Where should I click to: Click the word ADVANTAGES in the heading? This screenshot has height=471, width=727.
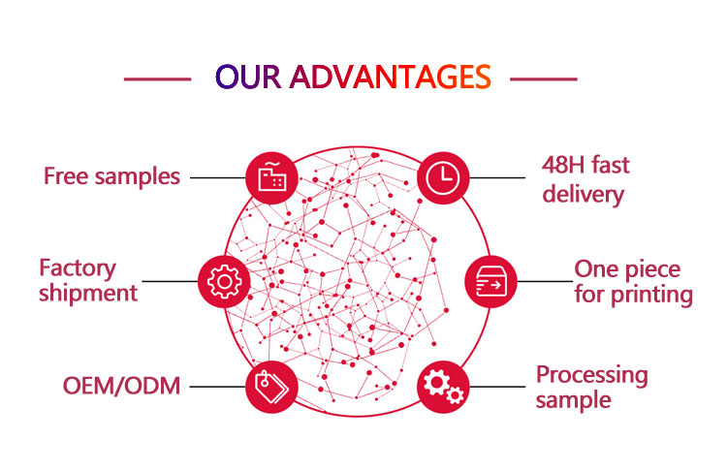[390, 77]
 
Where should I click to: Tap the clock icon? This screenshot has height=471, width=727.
[443, 176]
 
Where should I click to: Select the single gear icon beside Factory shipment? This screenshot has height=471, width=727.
[223, 281]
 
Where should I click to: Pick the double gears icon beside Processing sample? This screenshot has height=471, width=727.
[443, 386]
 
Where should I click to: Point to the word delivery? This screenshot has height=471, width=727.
[583, 194]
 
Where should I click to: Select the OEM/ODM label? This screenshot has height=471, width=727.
[122, 386]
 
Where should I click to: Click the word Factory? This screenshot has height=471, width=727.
[78, 267]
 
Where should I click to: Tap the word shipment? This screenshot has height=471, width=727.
[88, 293]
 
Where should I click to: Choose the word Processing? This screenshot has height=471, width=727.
[592, 374]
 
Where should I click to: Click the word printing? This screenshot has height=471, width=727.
[648, 295]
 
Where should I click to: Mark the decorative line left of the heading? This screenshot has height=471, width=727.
[158, 78]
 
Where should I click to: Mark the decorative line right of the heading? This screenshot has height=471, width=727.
[543, 78]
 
